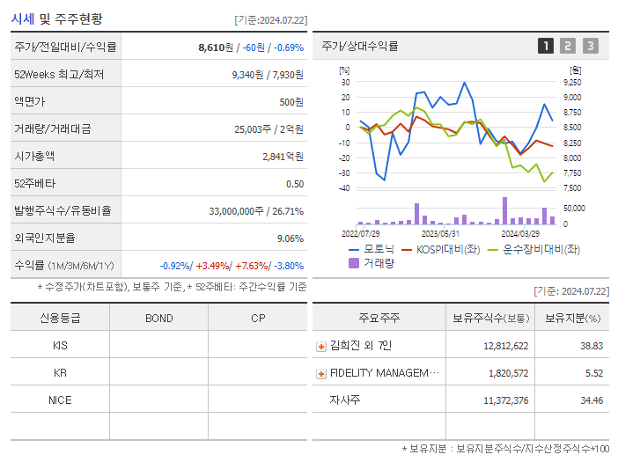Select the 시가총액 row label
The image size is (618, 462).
click(x=34, y=156)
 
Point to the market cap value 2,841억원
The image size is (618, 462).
click(x=283, y=157)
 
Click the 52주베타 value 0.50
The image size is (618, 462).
click(x=295, y=184)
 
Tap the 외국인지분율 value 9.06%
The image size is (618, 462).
click(x=290, y=238)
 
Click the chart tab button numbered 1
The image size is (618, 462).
click(x=546, y=46)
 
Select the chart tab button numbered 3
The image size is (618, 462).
click(x=590, y=46)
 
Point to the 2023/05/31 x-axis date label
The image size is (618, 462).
click(x=440, y=234)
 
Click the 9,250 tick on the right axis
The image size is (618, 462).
click(x=572, y=82)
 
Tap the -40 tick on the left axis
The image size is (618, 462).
click(x=344, y=187)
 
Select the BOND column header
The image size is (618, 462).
click(x=158, y=319)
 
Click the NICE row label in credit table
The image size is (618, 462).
click(x=60, y=400)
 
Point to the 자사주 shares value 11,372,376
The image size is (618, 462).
click(x=505, y=400)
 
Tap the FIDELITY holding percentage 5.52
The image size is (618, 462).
click(x=593, y=374)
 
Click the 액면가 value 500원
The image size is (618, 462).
click(x=291, y=102)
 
